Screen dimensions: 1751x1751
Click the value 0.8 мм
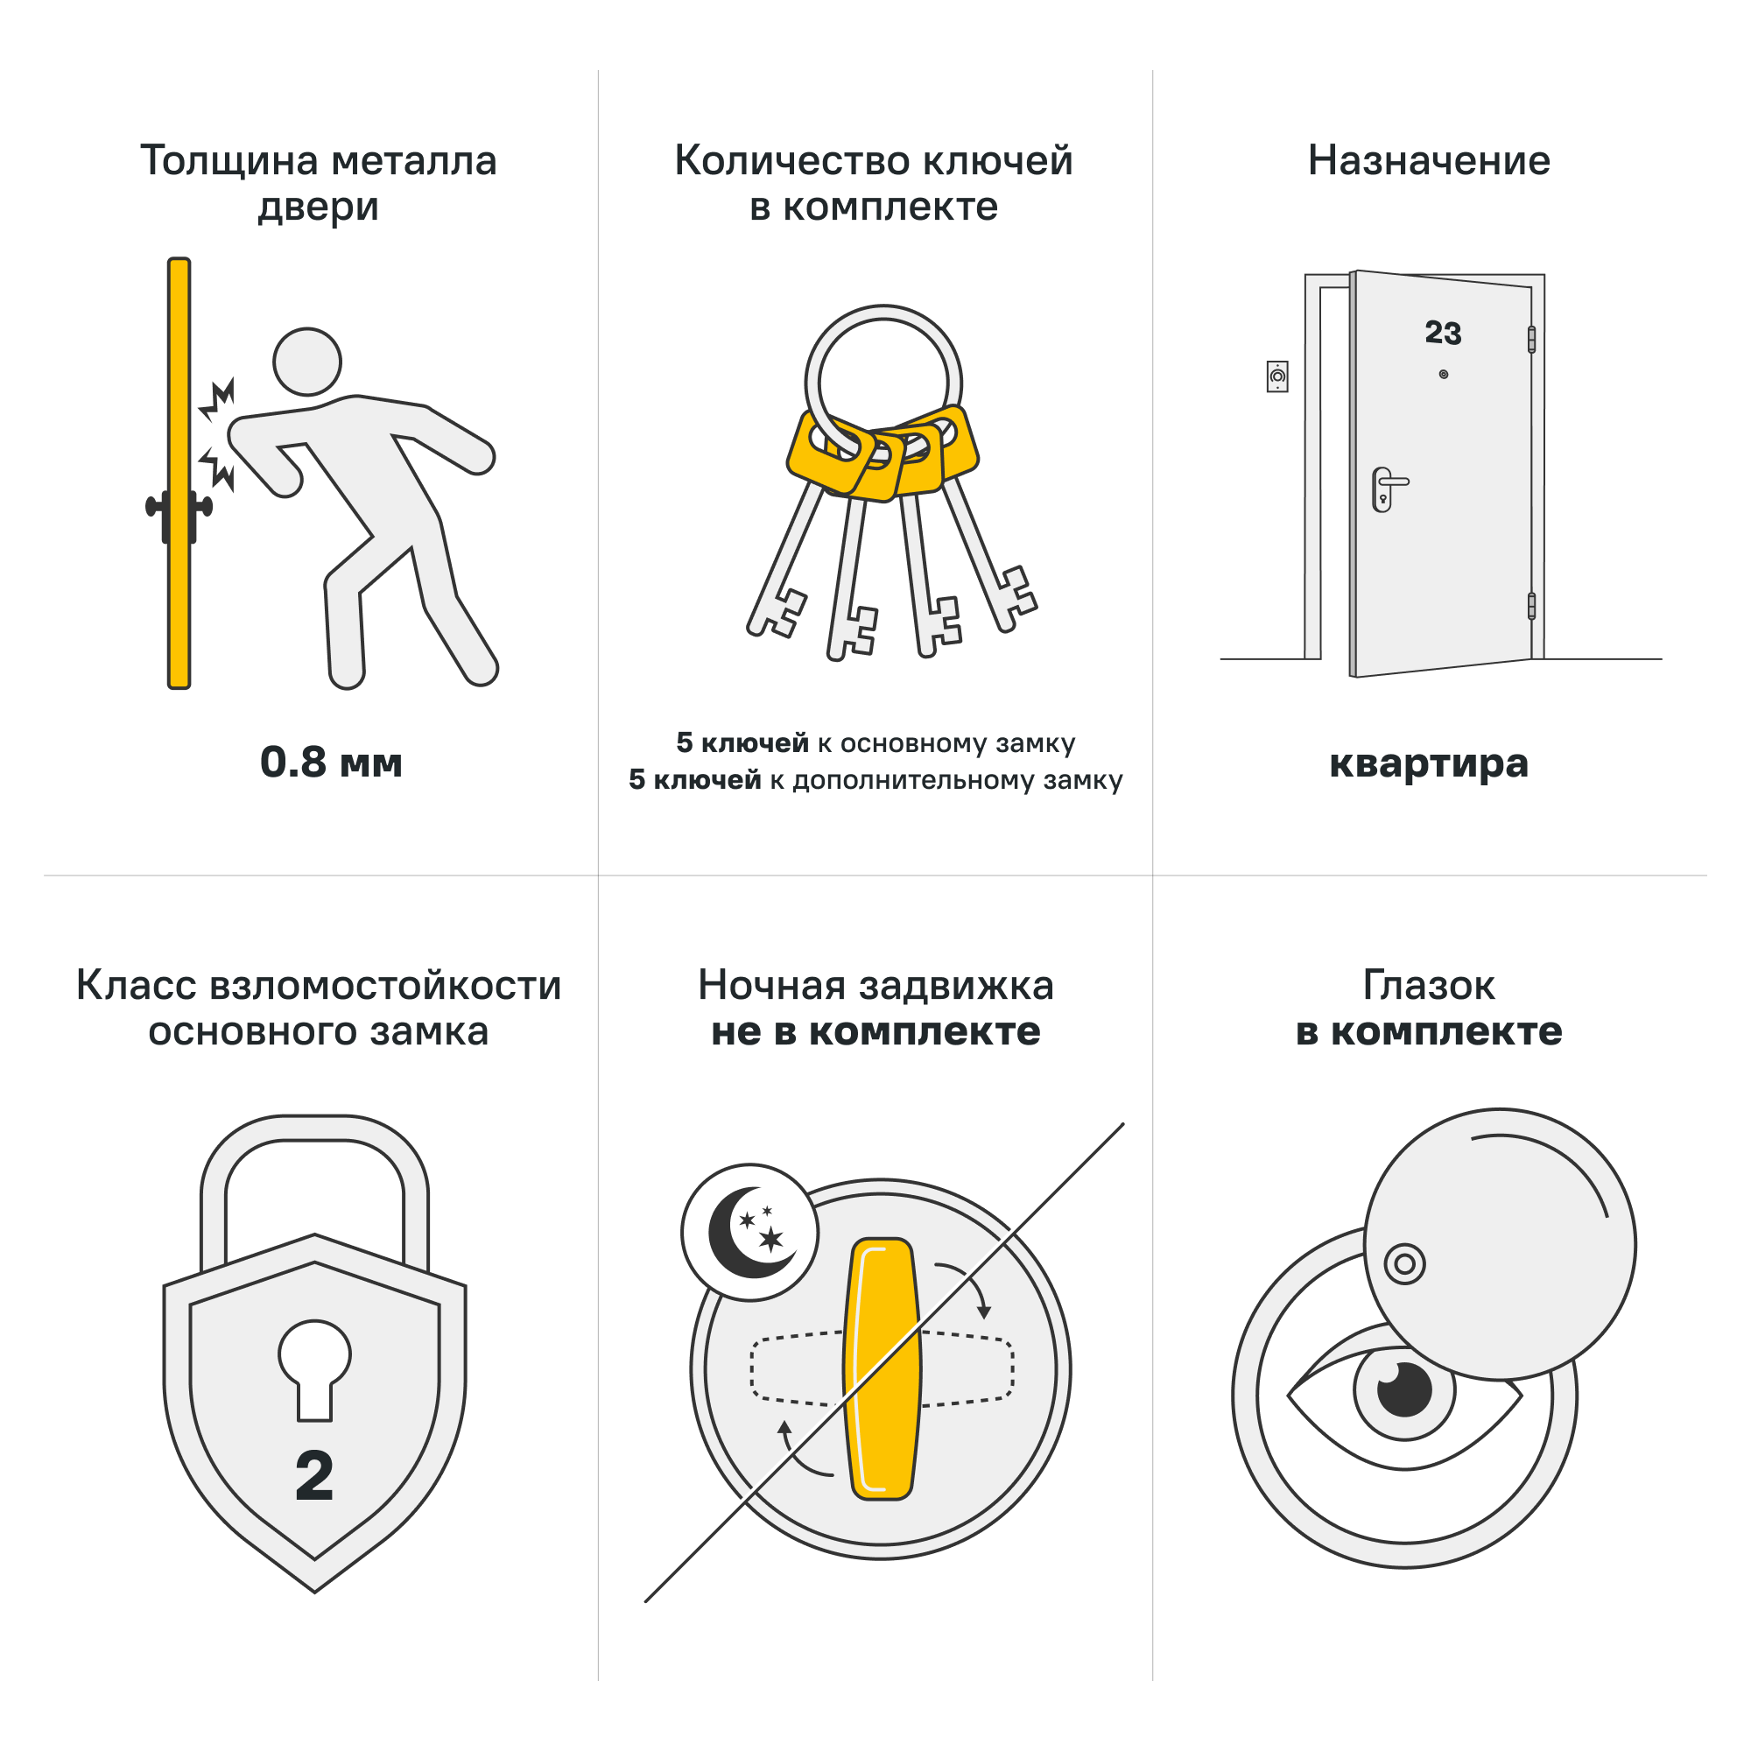[331, 763]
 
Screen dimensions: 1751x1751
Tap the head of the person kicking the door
[307, 362]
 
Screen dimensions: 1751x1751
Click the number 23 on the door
[1443, 333]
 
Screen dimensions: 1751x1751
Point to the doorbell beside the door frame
[1277, 376]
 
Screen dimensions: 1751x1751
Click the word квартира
[1428, 763]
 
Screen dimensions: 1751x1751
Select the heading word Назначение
[1428, 161]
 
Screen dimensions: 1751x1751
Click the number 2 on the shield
[314, 1475]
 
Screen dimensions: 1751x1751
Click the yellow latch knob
[882, 1368]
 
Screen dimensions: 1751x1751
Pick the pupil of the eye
[1404, 1389]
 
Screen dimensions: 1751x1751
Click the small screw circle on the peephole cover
[1404, 1263]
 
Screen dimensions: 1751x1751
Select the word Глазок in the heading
[1428, 986]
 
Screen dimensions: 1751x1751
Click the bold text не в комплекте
[875, 1032]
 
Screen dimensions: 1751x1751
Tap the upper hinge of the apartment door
[1530, 340]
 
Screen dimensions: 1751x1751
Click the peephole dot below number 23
[1444, 375]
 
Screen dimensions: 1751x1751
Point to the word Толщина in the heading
[230, 161]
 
